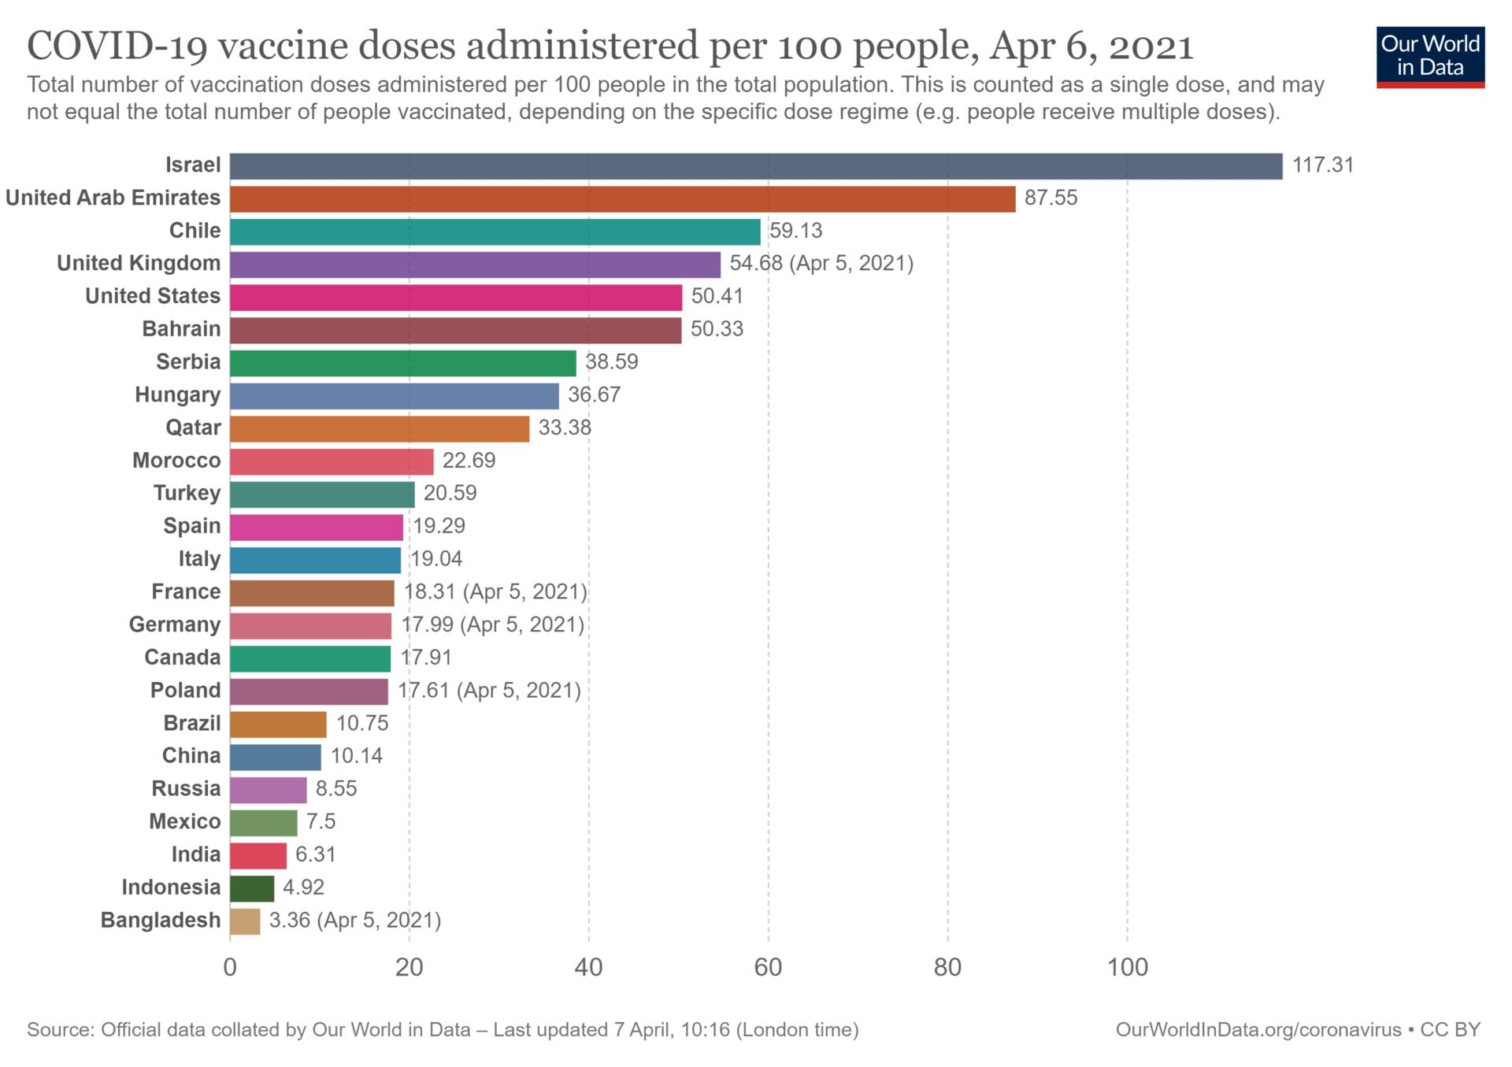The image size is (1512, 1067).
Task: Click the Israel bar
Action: pos(756,166)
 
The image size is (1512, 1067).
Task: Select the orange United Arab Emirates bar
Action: pos(622,199)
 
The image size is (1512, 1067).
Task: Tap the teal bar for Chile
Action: pos(495,232)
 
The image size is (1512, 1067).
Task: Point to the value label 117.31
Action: pos(1322,165)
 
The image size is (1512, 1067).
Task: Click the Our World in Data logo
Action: pos(1430,57)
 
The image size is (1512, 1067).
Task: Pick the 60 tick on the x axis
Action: pos(768,967)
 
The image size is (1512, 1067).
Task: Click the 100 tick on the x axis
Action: pos(1127,967)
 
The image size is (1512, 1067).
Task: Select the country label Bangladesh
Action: pos(161,920)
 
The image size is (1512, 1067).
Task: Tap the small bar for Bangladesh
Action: pos(245,921)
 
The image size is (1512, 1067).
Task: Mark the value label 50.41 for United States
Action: pos(717,296)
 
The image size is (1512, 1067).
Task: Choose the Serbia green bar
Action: pos(402,363)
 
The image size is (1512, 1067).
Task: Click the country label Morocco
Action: pos(176,461)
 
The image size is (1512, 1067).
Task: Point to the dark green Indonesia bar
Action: pos(252,888)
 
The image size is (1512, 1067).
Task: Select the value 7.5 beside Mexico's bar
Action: pos(321,821)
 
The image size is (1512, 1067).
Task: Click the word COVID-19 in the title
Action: pos(117,46)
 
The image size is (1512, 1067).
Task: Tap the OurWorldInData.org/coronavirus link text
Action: pos(1258,1030)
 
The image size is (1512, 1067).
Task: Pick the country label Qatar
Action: pos(193,428)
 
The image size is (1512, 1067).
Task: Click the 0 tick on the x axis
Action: pos(230,967)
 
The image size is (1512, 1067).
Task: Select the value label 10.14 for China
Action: pos(356,756)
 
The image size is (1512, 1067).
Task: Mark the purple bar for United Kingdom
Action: pos(475,265)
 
